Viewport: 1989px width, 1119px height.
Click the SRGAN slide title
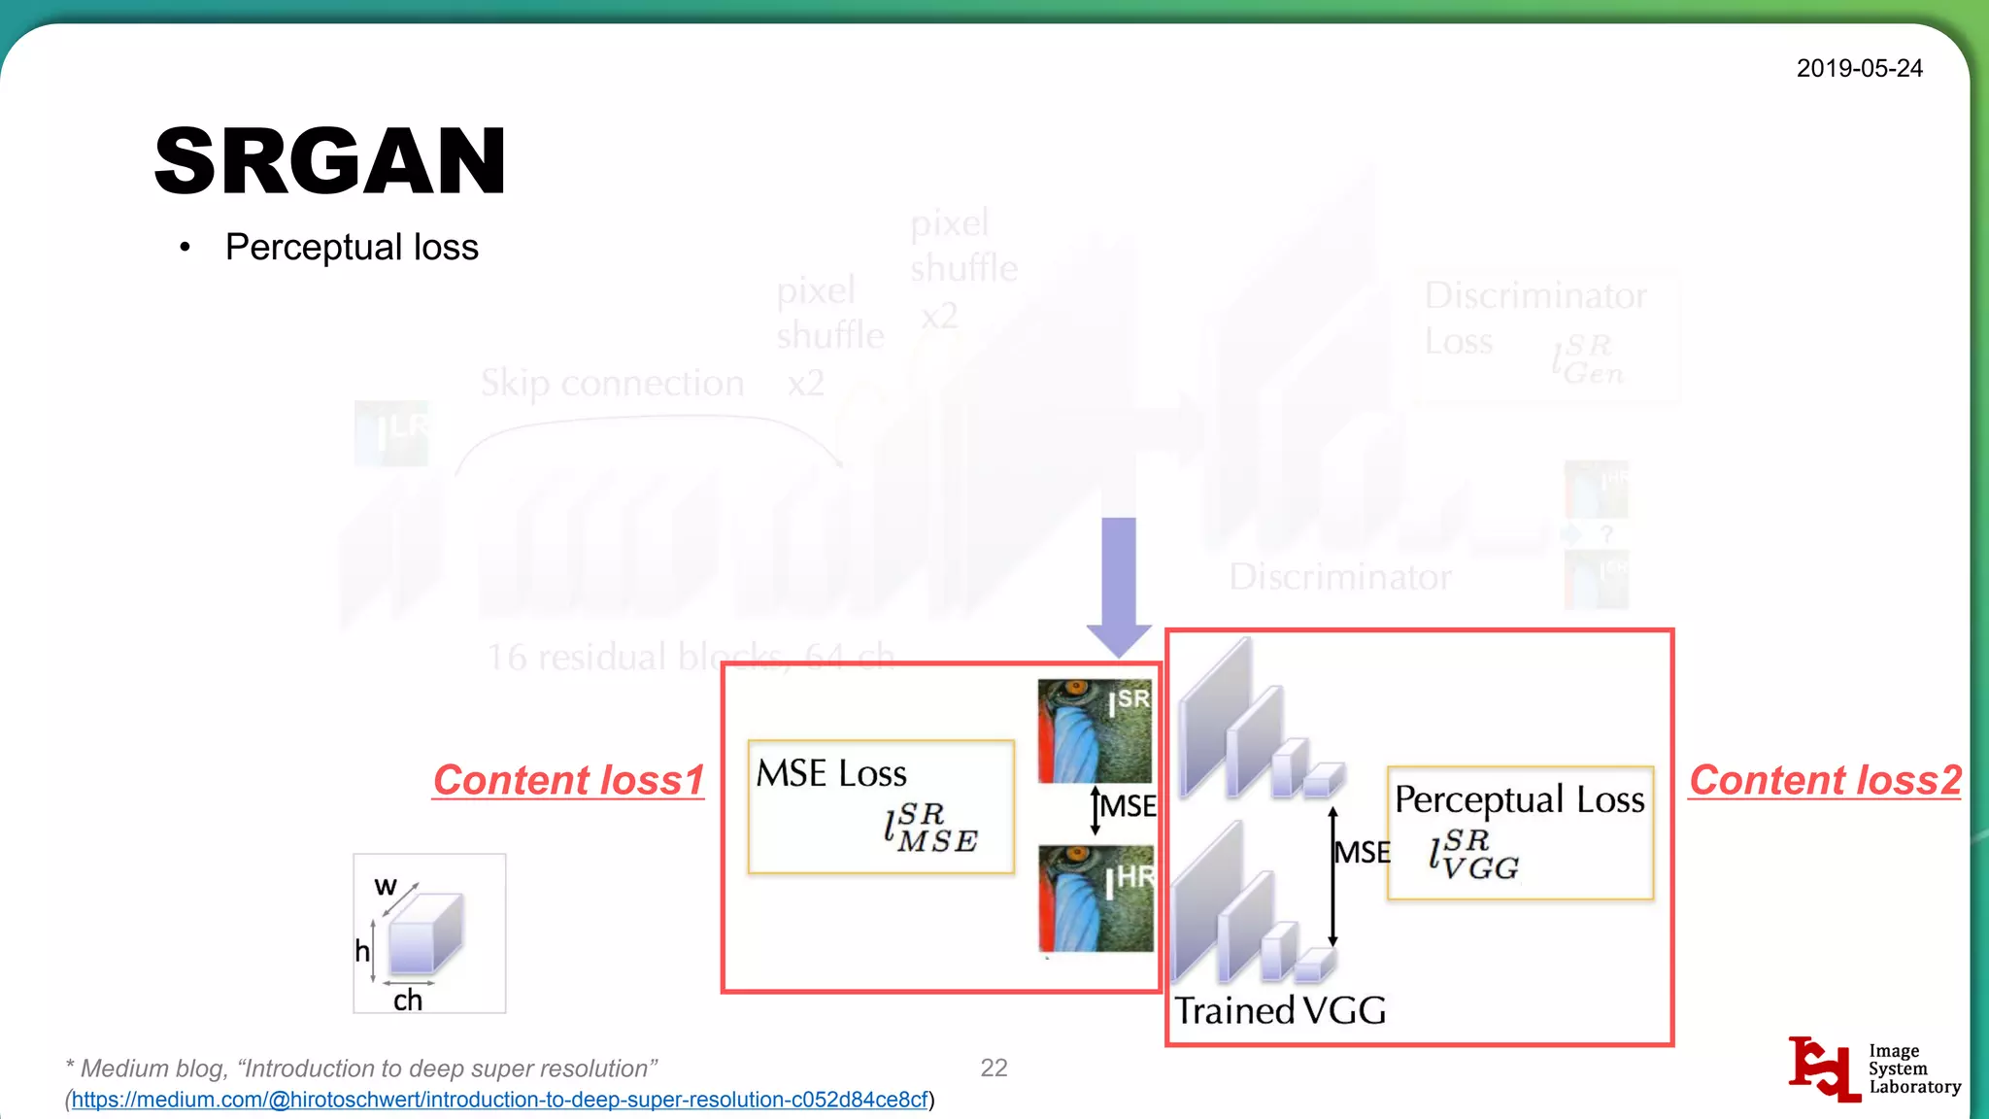coord(330,161)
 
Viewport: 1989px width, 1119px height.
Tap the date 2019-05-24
coord(1859,69)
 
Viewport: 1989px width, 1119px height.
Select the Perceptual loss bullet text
coord(352,248)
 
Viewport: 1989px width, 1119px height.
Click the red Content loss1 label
coord(568,781)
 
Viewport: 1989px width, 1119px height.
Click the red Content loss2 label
coord(1825,781)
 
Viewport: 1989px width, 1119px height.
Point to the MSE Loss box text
coord(831,774)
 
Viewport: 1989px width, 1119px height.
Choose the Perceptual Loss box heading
coord(1520,800)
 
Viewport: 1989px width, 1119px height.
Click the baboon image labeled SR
coord(1095,730)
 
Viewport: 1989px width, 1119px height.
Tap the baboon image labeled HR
coord(1096,899)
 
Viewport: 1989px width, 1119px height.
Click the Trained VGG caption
coord(1280,1011)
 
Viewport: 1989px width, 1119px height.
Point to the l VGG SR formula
coord(1474,855)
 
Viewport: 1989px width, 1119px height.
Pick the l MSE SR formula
coord(930,829)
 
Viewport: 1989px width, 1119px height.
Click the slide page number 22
coord(994,1068)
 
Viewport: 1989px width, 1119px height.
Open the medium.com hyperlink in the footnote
coord(499,1100)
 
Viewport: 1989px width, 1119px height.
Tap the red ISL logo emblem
coord(1823,1068)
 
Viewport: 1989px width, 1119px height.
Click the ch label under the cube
coord(408,1000)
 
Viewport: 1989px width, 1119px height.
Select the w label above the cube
coord(386,886)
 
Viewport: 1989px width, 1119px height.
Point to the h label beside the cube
coord(362,950)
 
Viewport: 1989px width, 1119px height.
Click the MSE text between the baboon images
coord(1128,806)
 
